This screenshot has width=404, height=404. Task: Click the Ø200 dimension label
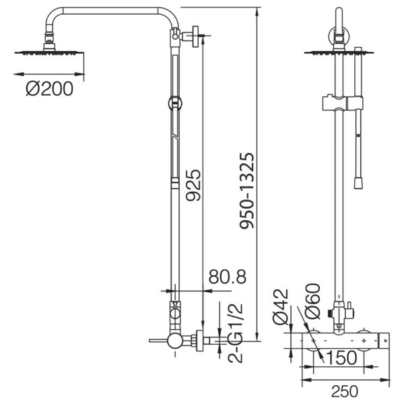(49, 89)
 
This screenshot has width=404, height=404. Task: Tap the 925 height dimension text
(193, 185)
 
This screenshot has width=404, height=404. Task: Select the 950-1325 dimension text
(247, 191)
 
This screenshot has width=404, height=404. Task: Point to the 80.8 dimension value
(228, 277)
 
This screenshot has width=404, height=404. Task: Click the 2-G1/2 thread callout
(235, 333)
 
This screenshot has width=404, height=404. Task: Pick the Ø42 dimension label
(280, 306)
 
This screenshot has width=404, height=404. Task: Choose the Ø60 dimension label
(312, 301)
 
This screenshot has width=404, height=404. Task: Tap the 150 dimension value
(341, 358)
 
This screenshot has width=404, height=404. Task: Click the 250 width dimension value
(345, 391)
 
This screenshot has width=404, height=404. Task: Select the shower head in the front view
(339, 53)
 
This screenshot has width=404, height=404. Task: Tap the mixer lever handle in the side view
(158, 341)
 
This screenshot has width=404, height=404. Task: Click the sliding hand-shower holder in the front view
(343, 103)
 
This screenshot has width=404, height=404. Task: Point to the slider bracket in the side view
(175, 103)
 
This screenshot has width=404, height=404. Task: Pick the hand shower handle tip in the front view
(358, 182)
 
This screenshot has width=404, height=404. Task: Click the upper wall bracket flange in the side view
(195, 36)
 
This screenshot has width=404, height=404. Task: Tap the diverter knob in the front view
(349, 310)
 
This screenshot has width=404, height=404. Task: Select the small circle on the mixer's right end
(385, 341)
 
